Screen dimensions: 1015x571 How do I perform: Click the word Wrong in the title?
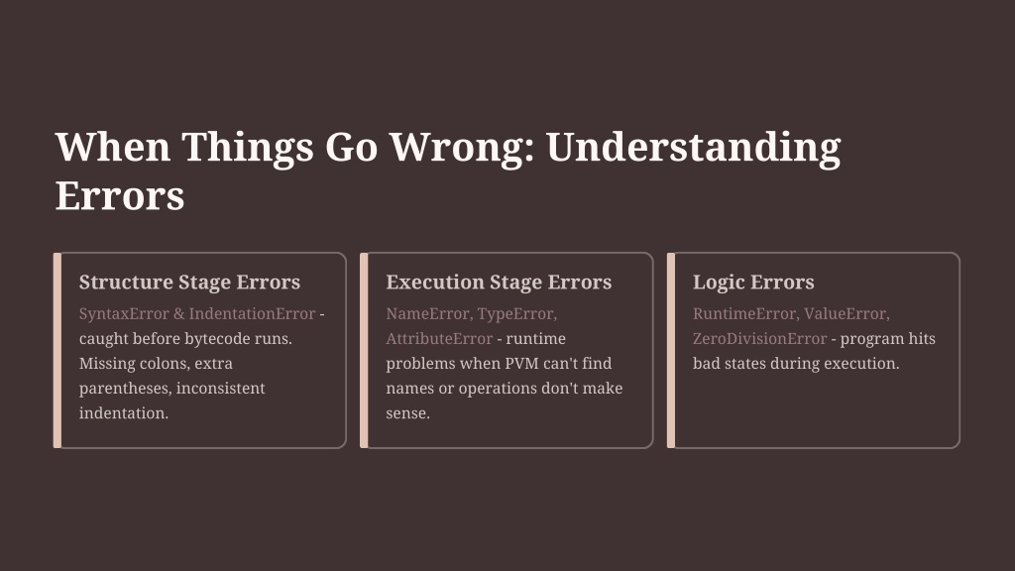tap(462, 147)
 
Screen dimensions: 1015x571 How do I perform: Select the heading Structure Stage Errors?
tap(189, 283)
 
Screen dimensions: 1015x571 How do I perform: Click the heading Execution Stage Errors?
tap(499, 283)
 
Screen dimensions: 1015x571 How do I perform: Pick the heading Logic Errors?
tap(753, 283)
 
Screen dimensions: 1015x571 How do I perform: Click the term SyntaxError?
tap(124, 314)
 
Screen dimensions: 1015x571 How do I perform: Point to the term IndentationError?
tap(252, 314)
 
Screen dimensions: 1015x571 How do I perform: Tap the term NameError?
tap(427, 314)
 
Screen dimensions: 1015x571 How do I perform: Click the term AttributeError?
tap(439, 339)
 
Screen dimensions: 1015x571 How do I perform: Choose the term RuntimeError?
tap(744, 314)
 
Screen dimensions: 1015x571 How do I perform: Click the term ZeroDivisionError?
tap(759, 339)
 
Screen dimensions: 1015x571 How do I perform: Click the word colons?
tap(162, 364)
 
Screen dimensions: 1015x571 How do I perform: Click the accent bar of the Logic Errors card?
tap(671, 350)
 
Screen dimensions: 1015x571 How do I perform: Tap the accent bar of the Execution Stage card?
tap(364, 350)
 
